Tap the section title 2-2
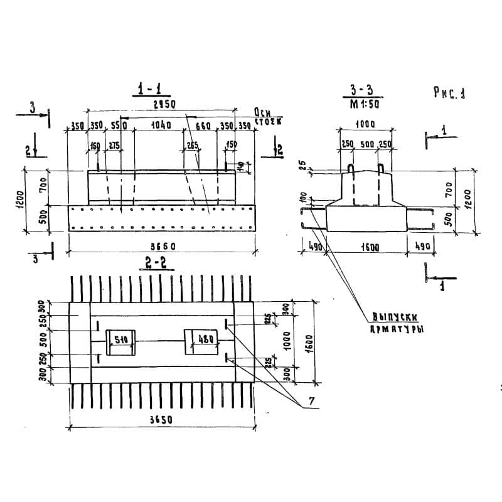[x=155, y=264]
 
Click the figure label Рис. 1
[x=449, y=93]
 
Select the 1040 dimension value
[x=161, y=125]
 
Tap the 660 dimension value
[x=203, y=125]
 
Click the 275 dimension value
[x=114, y=146]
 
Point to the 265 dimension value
[x=192, y=146]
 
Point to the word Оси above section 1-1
[x=262, y=111]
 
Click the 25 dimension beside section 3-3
[x=301, y=166]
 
